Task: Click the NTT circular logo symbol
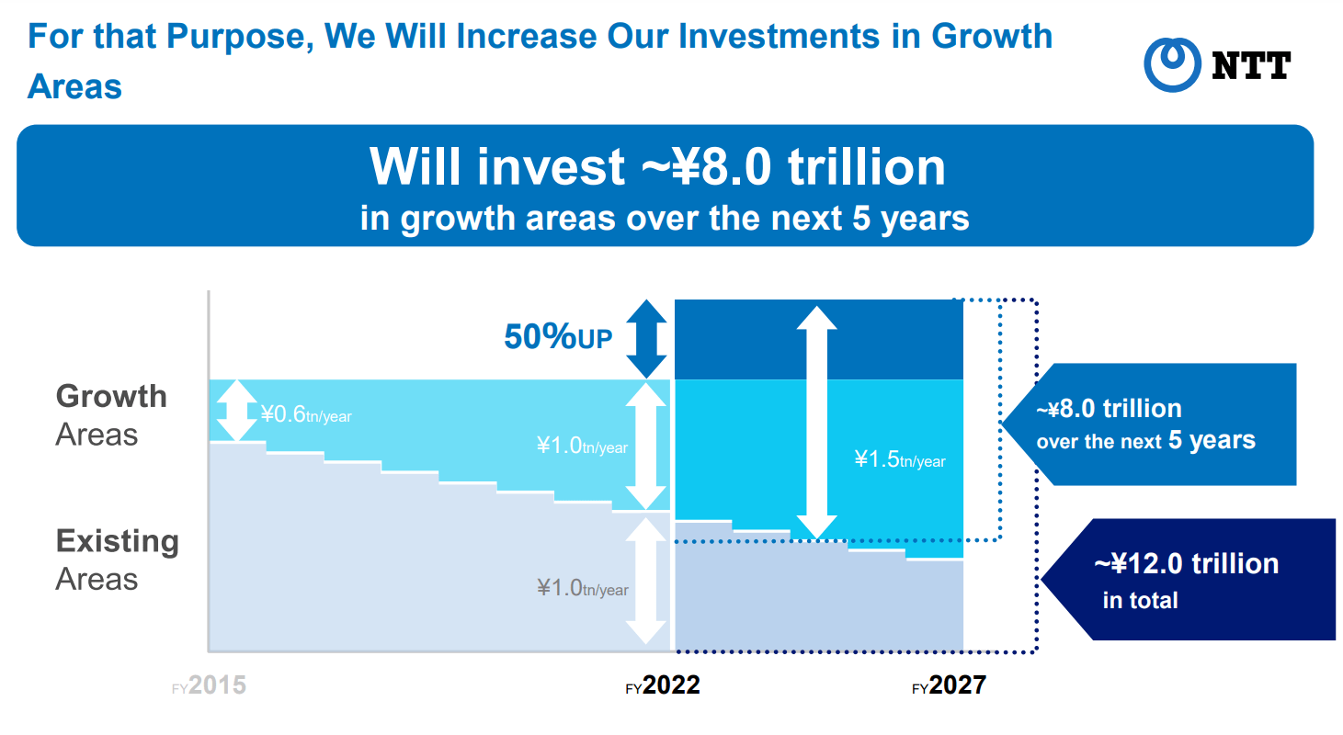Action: coord(1172,64)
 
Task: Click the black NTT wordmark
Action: coord(1251,66)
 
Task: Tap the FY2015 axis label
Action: coord(209,685)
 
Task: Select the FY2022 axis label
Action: coord(663,685)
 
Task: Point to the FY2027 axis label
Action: coord(949,685)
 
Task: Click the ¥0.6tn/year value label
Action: coord(306,414)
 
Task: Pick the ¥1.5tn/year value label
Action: coord(900,459)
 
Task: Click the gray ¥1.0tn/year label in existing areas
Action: coord(582,588)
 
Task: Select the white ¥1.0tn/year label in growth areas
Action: coord(582,446)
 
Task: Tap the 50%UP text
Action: coord(558,336)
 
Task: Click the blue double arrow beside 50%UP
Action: coord(646,338)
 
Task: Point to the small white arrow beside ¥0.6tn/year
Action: coord(237,411)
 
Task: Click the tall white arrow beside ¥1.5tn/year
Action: coord(816,423)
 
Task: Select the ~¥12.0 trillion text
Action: coord(1187,564)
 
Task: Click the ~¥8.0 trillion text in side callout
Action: coord(1110,409)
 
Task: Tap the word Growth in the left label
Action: coord(111,396)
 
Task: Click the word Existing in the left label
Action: coord(118,541)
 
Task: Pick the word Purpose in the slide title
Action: coord(240,37)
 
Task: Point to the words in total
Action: coord(1141,600)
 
